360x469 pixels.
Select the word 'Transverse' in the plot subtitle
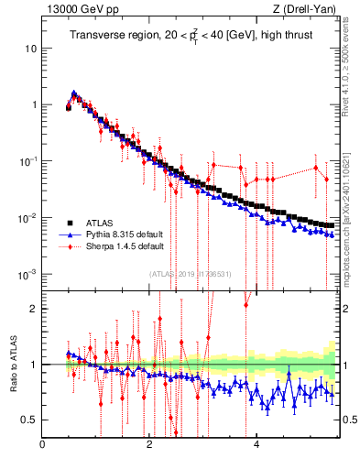coord(96,35)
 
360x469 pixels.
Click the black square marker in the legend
coord(67,223)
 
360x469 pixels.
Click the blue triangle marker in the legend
coord(67,234)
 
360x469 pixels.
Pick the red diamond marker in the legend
coord(67,246)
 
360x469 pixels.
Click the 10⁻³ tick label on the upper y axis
coord(28,274)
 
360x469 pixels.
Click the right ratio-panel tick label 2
coord(348,309)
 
